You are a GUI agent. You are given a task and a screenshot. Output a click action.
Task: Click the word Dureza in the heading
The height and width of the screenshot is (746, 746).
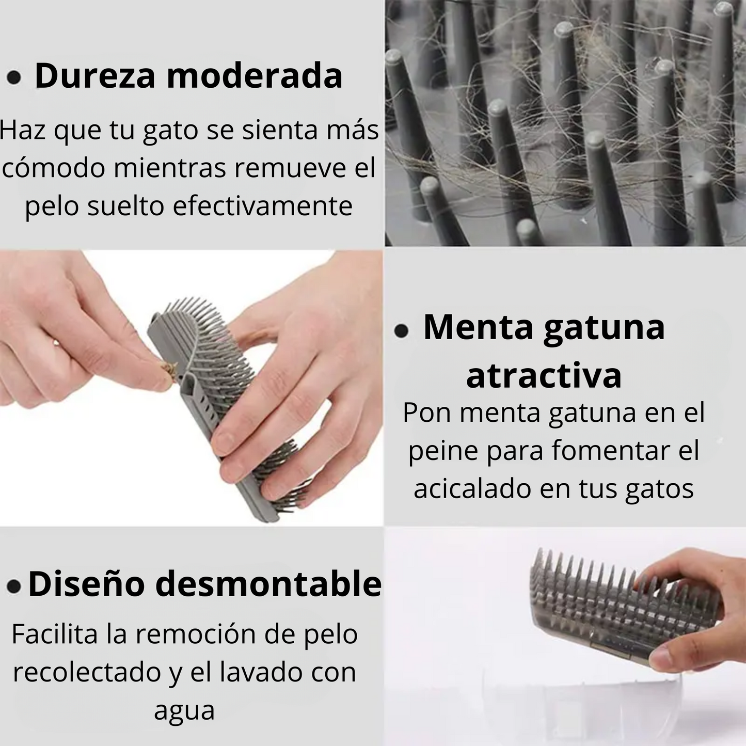pos(95,75)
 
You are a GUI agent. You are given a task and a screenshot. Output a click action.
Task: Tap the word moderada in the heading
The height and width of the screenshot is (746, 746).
pos(255,75)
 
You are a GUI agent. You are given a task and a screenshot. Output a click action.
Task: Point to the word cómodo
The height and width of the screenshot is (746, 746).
pos(53,168)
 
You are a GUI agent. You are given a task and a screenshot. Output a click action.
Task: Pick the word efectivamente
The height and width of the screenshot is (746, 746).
pos(262,205)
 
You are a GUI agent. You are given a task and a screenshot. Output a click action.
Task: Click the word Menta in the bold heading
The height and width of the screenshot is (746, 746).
pos(478,328)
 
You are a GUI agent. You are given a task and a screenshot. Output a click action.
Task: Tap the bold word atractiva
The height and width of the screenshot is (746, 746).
pos(544,375)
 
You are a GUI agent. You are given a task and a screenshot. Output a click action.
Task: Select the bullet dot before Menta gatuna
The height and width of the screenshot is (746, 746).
pos(402,331)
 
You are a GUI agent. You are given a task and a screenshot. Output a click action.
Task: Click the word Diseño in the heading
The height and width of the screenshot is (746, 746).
pos(86,584)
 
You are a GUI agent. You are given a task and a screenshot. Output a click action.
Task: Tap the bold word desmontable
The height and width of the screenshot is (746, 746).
pos(268,584)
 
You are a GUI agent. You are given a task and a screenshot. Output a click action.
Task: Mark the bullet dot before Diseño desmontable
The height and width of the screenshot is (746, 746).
pos(14,586)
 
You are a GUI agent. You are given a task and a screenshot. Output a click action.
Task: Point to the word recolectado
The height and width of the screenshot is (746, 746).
pos(87,672)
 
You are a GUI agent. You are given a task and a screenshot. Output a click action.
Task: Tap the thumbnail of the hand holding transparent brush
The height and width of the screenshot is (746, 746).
pos(565,636)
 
